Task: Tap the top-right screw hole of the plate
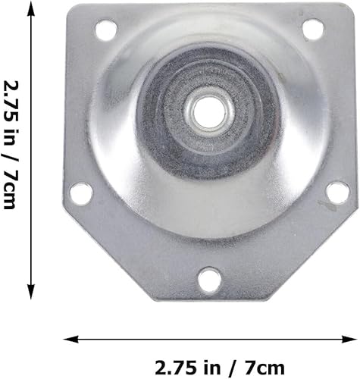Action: pos(311,29)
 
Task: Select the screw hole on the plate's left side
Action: pos(82,194)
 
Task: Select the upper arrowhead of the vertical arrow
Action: pos(30,8)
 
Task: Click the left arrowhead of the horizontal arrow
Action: pos(67,338)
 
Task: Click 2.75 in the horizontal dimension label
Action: pos(174,368)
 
